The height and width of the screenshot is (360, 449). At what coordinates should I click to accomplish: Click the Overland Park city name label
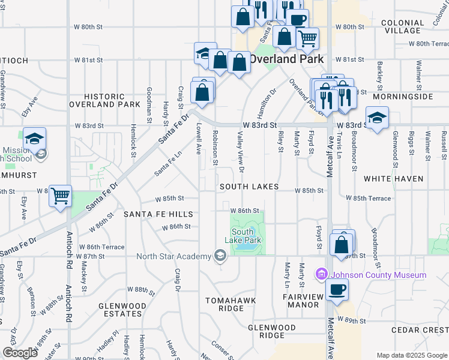[x=286, y=59]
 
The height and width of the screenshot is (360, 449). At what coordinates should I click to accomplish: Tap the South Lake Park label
[x=246, y=236]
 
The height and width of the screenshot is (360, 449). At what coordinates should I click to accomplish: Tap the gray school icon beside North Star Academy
[x=220, y=257]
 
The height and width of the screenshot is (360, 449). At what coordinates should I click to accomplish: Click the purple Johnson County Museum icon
[x=321, y=275]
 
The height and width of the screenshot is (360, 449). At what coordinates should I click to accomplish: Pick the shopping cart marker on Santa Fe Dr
[x=60, y=196]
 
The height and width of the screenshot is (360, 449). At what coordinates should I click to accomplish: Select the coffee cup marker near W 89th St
[x=337, y=290]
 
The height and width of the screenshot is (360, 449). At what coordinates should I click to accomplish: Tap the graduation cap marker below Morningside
[x=377, y=118]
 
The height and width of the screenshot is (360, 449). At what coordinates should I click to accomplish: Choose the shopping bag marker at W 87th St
[x=342, y=245]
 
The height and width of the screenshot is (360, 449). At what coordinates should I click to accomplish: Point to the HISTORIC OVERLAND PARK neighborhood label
[x=104, y=100]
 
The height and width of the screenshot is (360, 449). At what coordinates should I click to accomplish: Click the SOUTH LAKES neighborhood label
[x=249, y=187]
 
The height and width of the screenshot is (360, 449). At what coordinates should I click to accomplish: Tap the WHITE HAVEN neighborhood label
[x=393, y=179]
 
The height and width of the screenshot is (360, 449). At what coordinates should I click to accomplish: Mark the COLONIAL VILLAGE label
[x=402, y=26]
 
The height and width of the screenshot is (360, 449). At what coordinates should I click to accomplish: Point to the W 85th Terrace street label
[x=368, y=198]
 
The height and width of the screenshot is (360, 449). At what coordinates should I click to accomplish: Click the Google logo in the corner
[x=20, y=352]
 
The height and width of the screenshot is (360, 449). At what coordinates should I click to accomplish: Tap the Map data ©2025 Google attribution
[x=411, y=355]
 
